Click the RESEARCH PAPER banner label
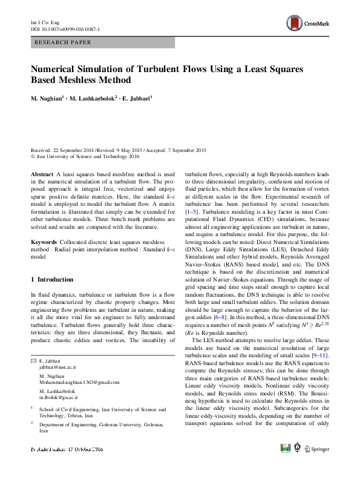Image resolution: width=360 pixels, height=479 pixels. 64,43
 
